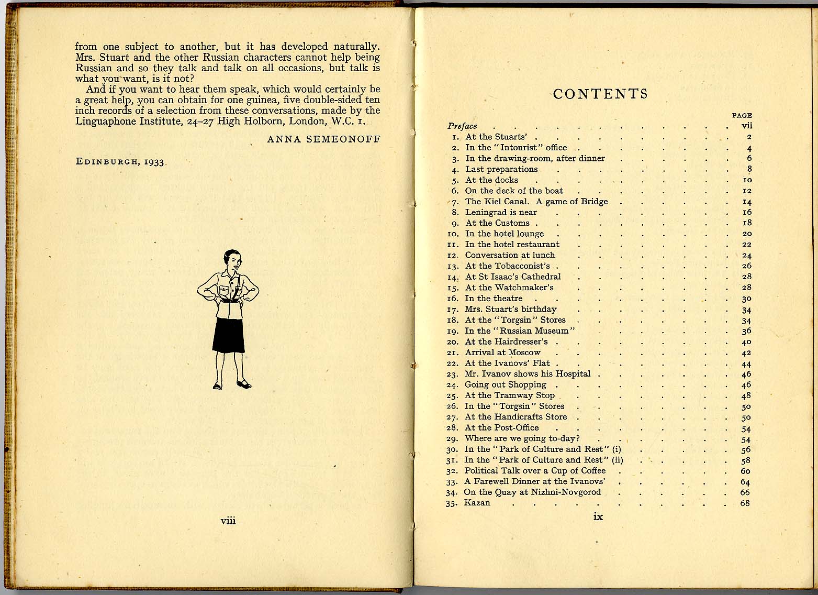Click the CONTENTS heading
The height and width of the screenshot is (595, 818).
point(600,94)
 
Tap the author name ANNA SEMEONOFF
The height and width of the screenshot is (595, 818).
point(323,139)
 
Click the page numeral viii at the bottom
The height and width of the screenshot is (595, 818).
point(229,521)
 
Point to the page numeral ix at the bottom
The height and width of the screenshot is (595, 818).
point(598,517)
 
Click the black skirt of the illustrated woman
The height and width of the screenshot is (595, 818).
point(228,335)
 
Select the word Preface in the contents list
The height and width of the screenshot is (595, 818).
point(463,126)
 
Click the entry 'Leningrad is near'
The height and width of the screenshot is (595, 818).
point(501,212)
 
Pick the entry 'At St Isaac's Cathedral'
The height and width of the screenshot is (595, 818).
point(513,277)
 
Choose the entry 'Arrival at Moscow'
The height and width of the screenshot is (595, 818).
point(502,352)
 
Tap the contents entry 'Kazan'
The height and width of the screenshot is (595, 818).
point(477,503)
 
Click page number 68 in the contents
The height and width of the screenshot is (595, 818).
point(745,503)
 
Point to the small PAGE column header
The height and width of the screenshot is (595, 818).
point(742,116)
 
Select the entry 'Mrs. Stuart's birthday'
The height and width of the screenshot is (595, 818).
point(511,309)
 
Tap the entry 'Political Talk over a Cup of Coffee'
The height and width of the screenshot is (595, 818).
point(535,470)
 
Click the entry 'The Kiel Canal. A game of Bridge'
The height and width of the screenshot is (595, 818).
point(536,202)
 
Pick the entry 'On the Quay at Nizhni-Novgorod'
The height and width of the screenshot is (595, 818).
point(532,492)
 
